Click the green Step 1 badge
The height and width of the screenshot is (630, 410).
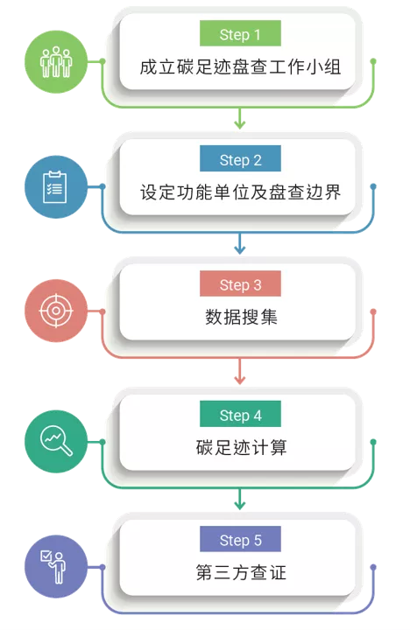coord(240,33)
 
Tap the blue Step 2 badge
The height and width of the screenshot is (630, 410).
coord(240,158)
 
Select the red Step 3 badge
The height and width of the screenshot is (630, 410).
coord(240,283)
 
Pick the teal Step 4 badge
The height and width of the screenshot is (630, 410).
coord(240,414)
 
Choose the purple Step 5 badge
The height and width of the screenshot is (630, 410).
coord(240,539)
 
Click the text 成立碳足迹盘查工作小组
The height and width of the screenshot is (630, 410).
coord(240,67)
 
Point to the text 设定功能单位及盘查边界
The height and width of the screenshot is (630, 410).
coord(240,192)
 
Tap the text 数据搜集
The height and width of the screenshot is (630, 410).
coord(241,317)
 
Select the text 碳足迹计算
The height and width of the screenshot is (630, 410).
coord(241,447)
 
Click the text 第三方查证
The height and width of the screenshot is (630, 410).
coord(241,572)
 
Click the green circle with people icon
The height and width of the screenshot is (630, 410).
coord(56,62)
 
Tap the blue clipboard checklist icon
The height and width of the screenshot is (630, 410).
coord(54,187)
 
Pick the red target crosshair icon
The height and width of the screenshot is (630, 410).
coord(56,311)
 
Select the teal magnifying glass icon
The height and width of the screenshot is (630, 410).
coord(56,440)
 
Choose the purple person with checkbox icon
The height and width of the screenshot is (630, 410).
coord(53,567)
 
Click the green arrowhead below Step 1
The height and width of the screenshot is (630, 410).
coord(240,124)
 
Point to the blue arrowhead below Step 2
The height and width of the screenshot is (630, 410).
coord(240,249)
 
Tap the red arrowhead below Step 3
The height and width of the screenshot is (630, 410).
coord(240,380)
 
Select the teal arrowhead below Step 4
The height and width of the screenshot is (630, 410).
coord(240,505)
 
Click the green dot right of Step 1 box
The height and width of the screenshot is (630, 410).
coord(373,61)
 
